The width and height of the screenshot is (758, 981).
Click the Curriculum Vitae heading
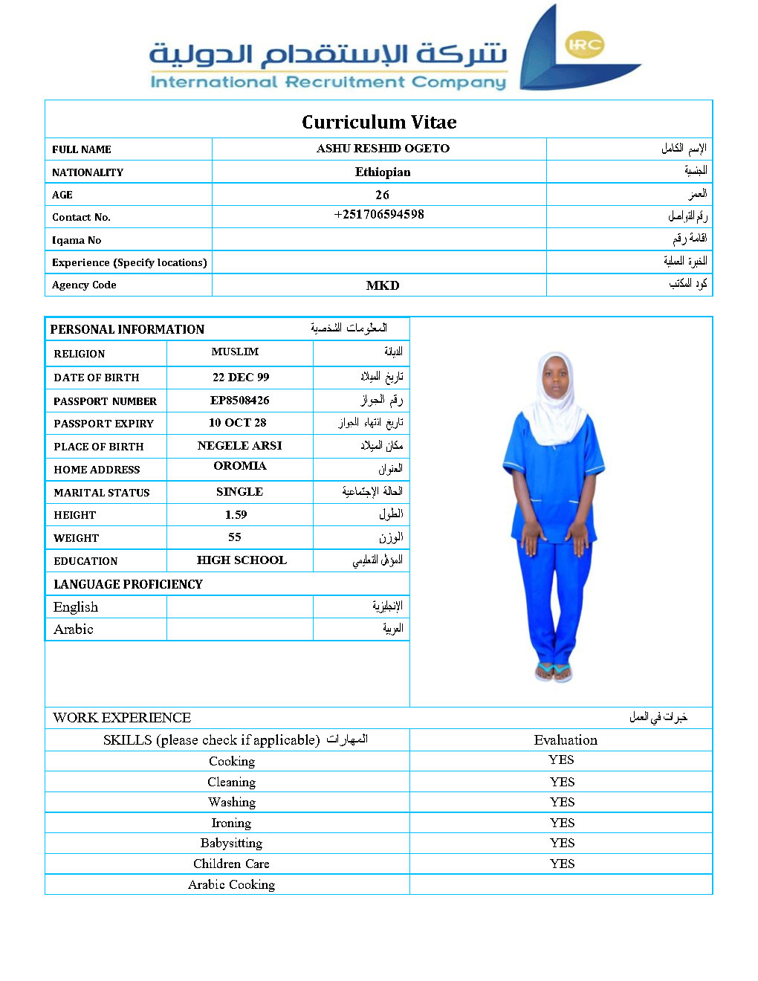(379, 122)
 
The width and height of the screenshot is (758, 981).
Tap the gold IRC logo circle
(585, 45)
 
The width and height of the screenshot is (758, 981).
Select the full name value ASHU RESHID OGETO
(383, 149)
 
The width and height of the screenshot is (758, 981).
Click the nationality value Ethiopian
(383, 172)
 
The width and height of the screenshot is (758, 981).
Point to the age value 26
(382, 195)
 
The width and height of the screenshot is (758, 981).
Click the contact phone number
(379, 215)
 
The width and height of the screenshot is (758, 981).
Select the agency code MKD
(383, 285)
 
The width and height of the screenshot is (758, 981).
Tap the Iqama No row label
(77, 240)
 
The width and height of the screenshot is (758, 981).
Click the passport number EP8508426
(239, 401)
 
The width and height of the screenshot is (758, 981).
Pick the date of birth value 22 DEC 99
(241, 378)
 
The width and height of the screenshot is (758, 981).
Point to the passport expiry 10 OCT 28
(237, 423)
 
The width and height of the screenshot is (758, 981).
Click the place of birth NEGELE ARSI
(239, 446)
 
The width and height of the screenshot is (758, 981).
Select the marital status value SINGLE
(239, 492)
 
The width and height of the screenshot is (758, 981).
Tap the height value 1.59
(236, 515)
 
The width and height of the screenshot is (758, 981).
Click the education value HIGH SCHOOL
(242, 560)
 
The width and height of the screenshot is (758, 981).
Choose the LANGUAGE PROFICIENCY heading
(128, 584)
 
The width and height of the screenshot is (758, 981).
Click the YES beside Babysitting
(562, 843)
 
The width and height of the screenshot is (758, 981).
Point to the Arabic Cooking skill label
(231, 884)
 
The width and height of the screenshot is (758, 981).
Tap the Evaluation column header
(566, 740)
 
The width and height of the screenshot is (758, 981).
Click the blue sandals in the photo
(554, 671)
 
